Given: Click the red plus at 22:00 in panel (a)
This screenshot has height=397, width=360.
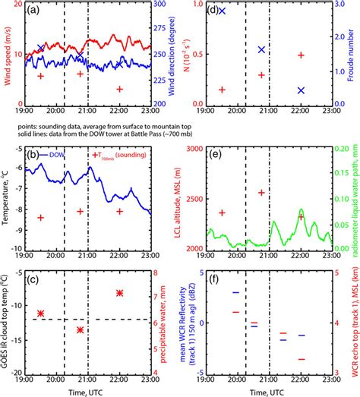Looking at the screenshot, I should point(119,89).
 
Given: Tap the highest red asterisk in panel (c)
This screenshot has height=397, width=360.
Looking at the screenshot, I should point(119,293).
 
